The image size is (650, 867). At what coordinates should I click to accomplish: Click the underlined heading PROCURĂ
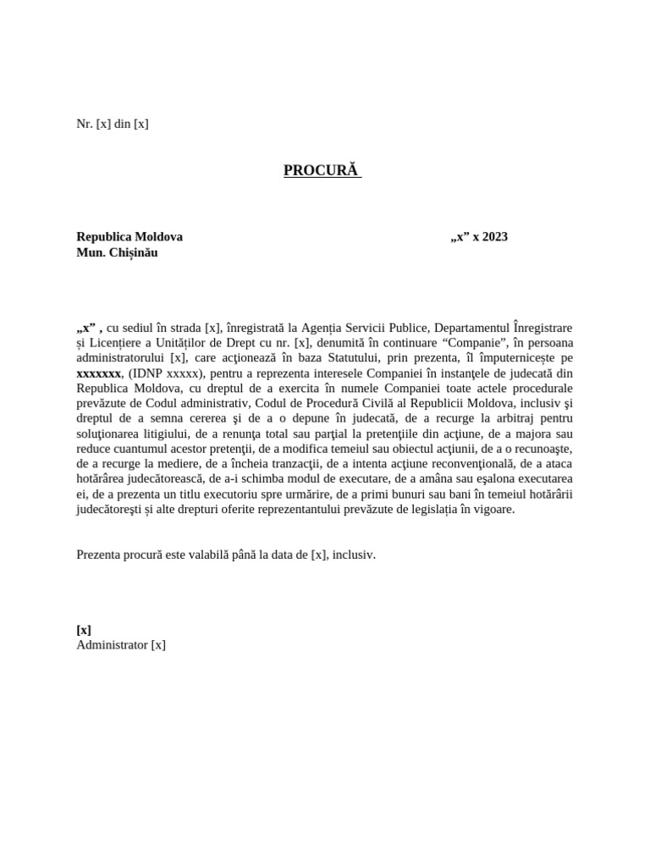[x=321, y=171]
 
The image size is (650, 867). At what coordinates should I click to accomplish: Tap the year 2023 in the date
[x=493, y=237]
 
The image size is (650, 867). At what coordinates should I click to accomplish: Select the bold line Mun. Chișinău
[x=117, y=252]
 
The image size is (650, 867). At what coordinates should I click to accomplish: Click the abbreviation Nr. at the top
[x=85, y=124]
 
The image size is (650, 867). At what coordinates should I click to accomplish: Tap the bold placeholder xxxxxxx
[x=99, y=373]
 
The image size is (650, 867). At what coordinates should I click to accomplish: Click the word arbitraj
[x=504, y=418]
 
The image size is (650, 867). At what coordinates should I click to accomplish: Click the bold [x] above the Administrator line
[x=84, y=629]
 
